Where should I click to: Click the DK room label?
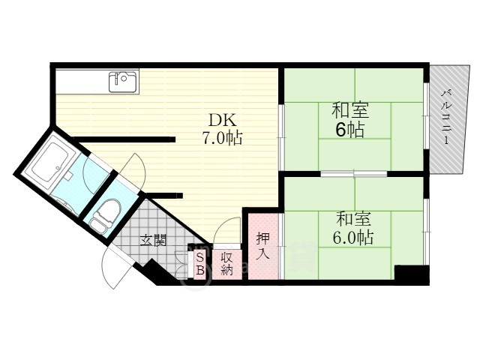click(222, 120)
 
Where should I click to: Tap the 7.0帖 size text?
click(222, 138)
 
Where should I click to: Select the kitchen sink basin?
click(123, 82)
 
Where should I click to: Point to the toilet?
click(103, 215)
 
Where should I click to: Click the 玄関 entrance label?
click(153, 241)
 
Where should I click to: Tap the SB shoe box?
click(200, 263)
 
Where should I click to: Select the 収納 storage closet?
click(226, 264)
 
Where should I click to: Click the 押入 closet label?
click(263, 245)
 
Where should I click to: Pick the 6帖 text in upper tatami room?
click(350, 130)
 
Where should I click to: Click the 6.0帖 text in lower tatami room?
click(353, 237)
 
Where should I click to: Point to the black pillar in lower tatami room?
click(412, 274)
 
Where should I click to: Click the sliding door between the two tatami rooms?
click(354, 174)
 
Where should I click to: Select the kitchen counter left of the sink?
click(82, 81)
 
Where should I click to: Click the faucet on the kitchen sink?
click(117, 77)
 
